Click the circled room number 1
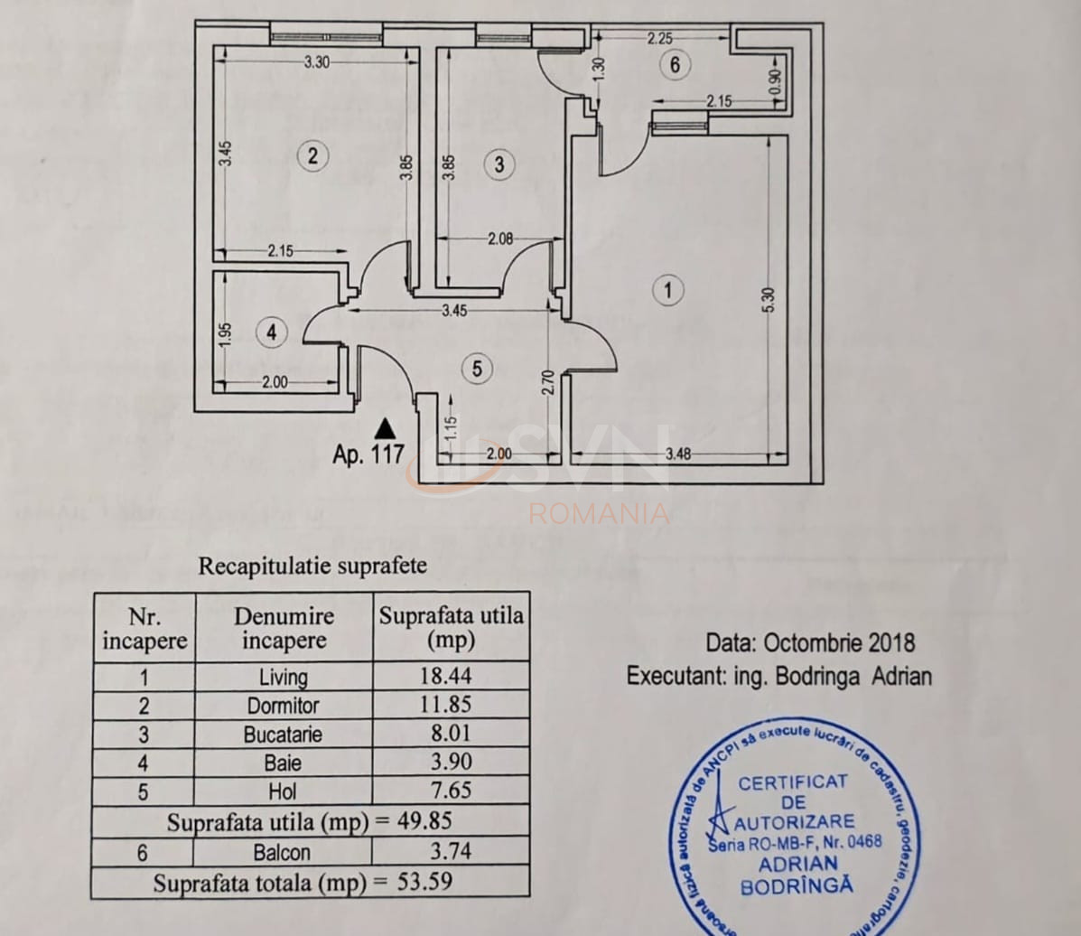pos(667,290)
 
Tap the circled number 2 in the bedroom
pos(312,155)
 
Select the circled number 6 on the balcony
pos(675,65)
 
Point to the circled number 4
pos(271,332)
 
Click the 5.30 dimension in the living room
pos(769,298)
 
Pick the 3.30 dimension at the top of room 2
pos(316,62)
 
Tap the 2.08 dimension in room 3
pos(501,239)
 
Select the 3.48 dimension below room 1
pos(678,454)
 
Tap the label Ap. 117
pos(368,454)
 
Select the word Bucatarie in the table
pos(283,734)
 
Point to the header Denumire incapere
pos(284,628)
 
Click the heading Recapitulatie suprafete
pos(312,566)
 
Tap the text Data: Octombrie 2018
pos(810,643)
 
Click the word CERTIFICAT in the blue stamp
pos(793,782)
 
